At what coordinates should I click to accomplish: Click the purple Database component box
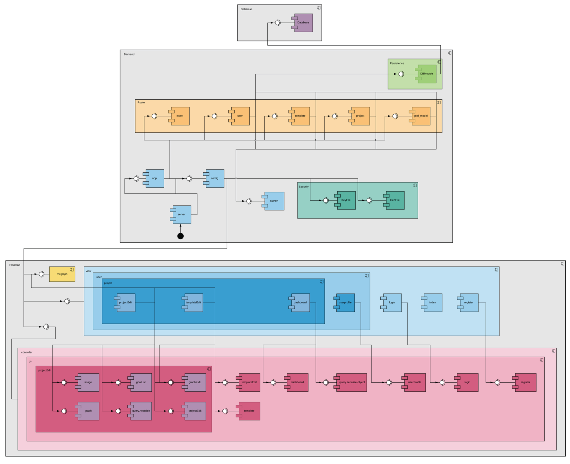pyautogui.click(x=303, y=23)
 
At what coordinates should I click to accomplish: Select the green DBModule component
pyautogui.click(x=427, y=74)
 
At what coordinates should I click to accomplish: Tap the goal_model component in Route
pyautogui.click(x=421, y=116)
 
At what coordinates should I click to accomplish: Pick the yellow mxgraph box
pyautogui.click(x=62, y=274)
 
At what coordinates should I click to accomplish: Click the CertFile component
pyautogui.click(x=395, y=200)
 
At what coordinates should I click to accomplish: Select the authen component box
pyautogui.click(x=274, y=201)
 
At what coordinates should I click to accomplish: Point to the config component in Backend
pyautogui.click(x=215, y=178)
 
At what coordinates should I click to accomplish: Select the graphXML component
pyautogui.click(x=195, y=382)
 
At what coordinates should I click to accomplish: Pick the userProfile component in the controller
pyautogui.click(x=414, y=382)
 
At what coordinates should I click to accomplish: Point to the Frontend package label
pyautogui.click(x=15, y=265)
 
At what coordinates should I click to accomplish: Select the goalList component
pyautogui.click(x=141, y=382)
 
